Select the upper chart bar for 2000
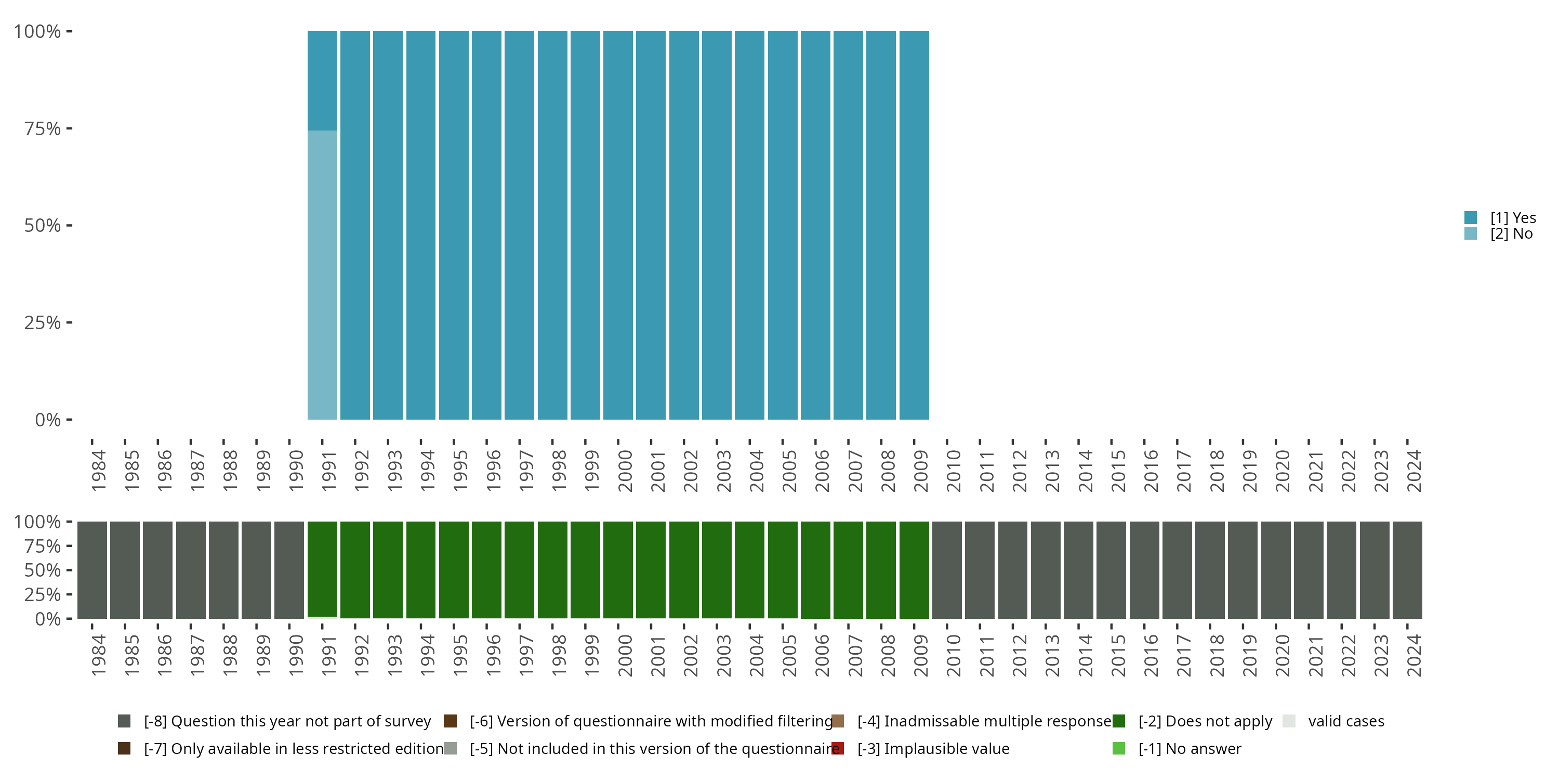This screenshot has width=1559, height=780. tap(618, 225)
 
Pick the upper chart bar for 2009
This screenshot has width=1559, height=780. tap(914, 225)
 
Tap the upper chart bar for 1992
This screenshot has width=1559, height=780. tap(354, 225)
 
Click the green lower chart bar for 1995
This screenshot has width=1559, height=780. tap(453, 569)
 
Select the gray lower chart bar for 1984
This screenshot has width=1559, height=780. tap(92, 569)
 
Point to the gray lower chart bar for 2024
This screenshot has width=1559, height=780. tap(1407, 569)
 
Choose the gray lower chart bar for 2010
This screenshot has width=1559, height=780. tap(946, 569)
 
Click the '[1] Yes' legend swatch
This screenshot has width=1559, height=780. tap(1471, 217)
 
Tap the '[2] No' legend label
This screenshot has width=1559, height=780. tap(1511, 234)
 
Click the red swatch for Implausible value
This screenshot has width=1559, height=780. tap(838, 748)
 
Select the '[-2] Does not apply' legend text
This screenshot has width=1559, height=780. tap(1205, 721)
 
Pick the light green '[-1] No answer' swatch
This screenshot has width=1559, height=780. tap(1118, 748)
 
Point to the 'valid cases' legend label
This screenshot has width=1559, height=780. tap(1346, 721)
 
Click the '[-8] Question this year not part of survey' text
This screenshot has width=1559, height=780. tap(287, 721)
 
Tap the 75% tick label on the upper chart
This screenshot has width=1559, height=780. tap(43, 128)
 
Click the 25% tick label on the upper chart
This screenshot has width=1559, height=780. tap(43, 322)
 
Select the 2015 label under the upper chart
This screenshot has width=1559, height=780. tap(1118, 471)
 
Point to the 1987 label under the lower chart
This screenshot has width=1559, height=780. tap(196, 655)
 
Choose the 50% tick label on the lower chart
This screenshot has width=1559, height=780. tap(43, 570)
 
